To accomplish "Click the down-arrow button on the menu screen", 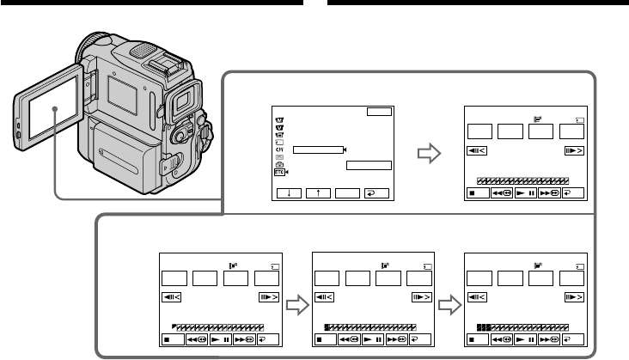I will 289,193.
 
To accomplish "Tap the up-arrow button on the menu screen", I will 318,193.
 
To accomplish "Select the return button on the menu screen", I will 376,193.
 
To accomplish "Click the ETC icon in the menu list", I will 280,172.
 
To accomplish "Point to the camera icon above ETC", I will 280,163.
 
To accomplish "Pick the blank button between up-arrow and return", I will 347,193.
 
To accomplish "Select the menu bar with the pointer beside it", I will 316,149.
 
